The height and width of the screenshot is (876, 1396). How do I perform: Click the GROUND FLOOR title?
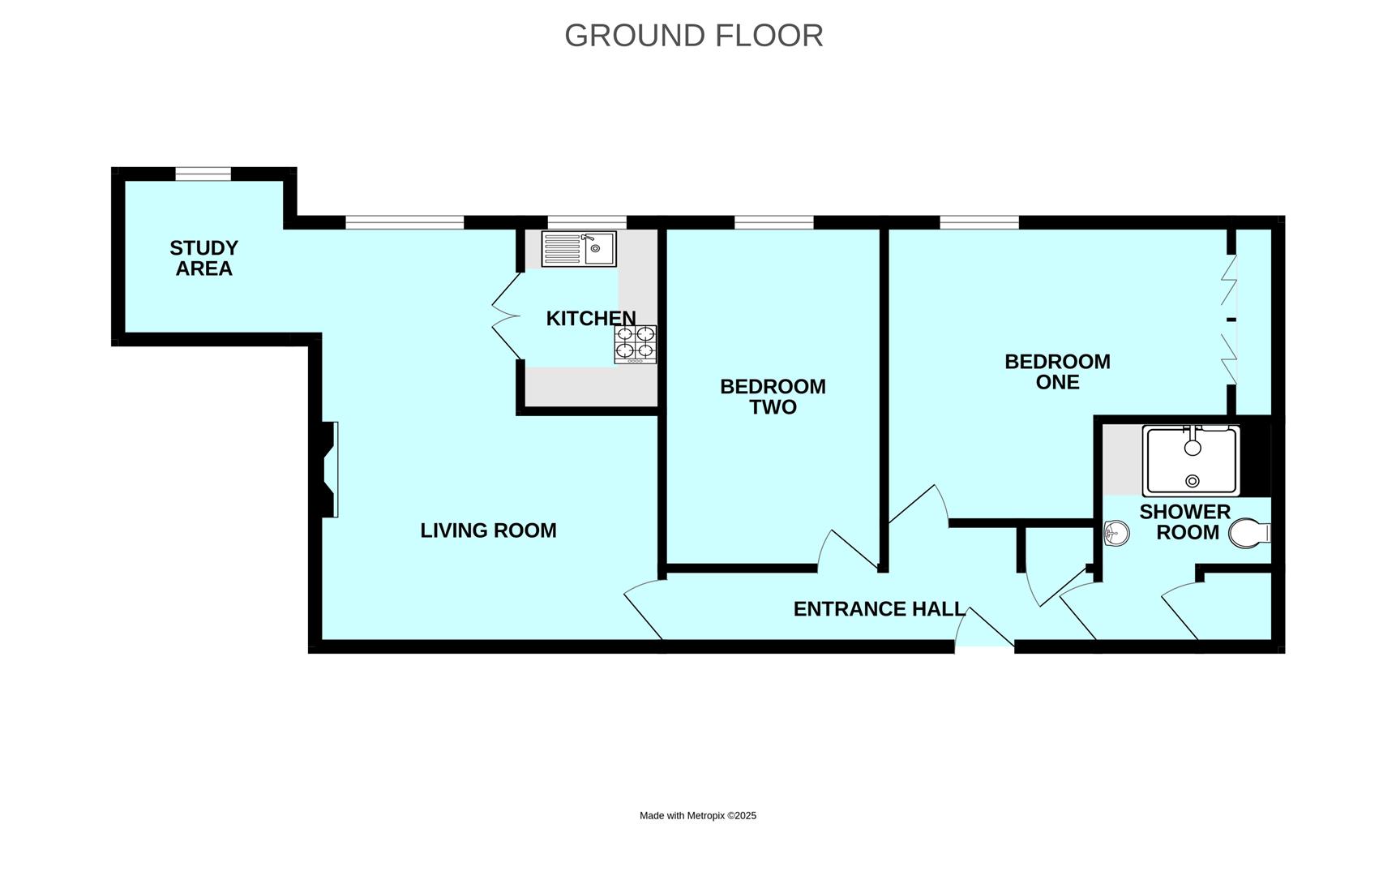[694, 36]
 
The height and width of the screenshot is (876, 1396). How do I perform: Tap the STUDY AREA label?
[204, 258]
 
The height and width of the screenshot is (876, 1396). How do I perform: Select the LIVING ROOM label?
[488, 530]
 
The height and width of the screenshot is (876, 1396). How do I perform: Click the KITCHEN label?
[591, 319]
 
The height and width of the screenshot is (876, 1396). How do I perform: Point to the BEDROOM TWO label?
[773, 397]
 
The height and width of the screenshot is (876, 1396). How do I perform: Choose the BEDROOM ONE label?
[1058, 371]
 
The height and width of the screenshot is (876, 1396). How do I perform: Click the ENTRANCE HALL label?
[880, 609]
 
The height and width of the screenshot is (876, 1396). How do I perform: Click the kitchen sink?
[579, 249]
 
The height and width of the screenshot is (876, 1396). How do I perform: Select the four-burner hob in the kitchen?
[636, 344]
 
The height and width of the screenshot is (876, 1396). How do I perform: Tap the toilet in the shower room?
[1249, 534]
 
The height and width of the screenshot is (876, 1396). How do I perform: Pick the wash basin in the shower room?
[1116, 533]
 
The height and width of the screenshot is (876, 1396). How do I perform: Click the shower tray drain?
[1192, 481]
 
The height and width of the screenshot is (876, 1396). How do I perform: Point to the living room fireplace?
[329, 469]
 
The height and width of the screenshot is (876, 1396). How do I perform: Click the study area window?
[203, 174]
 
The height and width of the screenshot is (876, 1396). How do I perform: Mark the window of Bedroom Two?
[774, 222]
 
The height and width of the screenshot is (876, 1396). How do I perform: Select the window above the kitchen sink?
[587, 222]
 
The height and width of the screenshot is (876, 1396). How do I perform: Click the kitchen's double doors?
[507, 316]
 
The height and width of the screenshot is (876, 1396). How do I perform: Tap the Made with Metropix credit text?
[698, 816]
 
